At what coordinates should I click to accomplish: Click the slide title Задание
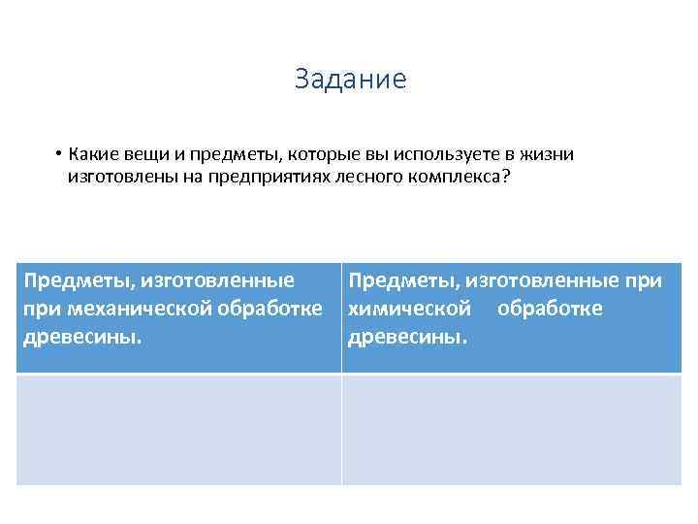point(350,80)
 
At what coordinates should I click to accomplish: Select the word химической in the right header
point(409,309)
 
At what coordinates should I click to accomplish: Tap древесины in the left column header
point(82,337)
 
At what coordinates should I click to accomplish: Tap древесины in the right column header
point(407,337)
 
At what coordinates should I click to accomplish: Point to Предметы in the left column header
point(79,281)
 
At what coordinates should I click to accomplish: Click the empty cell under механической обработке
point(178,429)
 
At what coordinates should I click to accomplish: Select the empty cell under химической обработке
point(511,429)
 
